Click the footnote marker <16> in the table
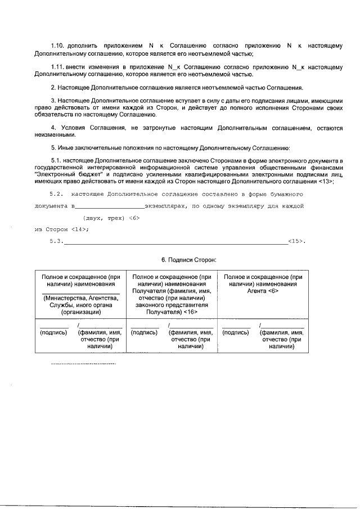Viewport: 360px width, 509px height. click(190, 311)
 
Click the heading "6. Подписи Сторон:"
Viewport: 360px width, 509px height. click(188, 259)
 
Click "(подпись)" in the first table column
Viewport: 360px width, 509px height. click(53, 332)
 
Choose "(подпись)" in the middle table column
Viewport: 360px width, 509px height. click(145, 332)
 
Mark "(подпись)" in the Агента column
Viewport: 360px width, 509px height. click(236, 332)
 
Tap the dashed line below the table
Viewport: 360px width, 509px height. click(83, 364)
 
